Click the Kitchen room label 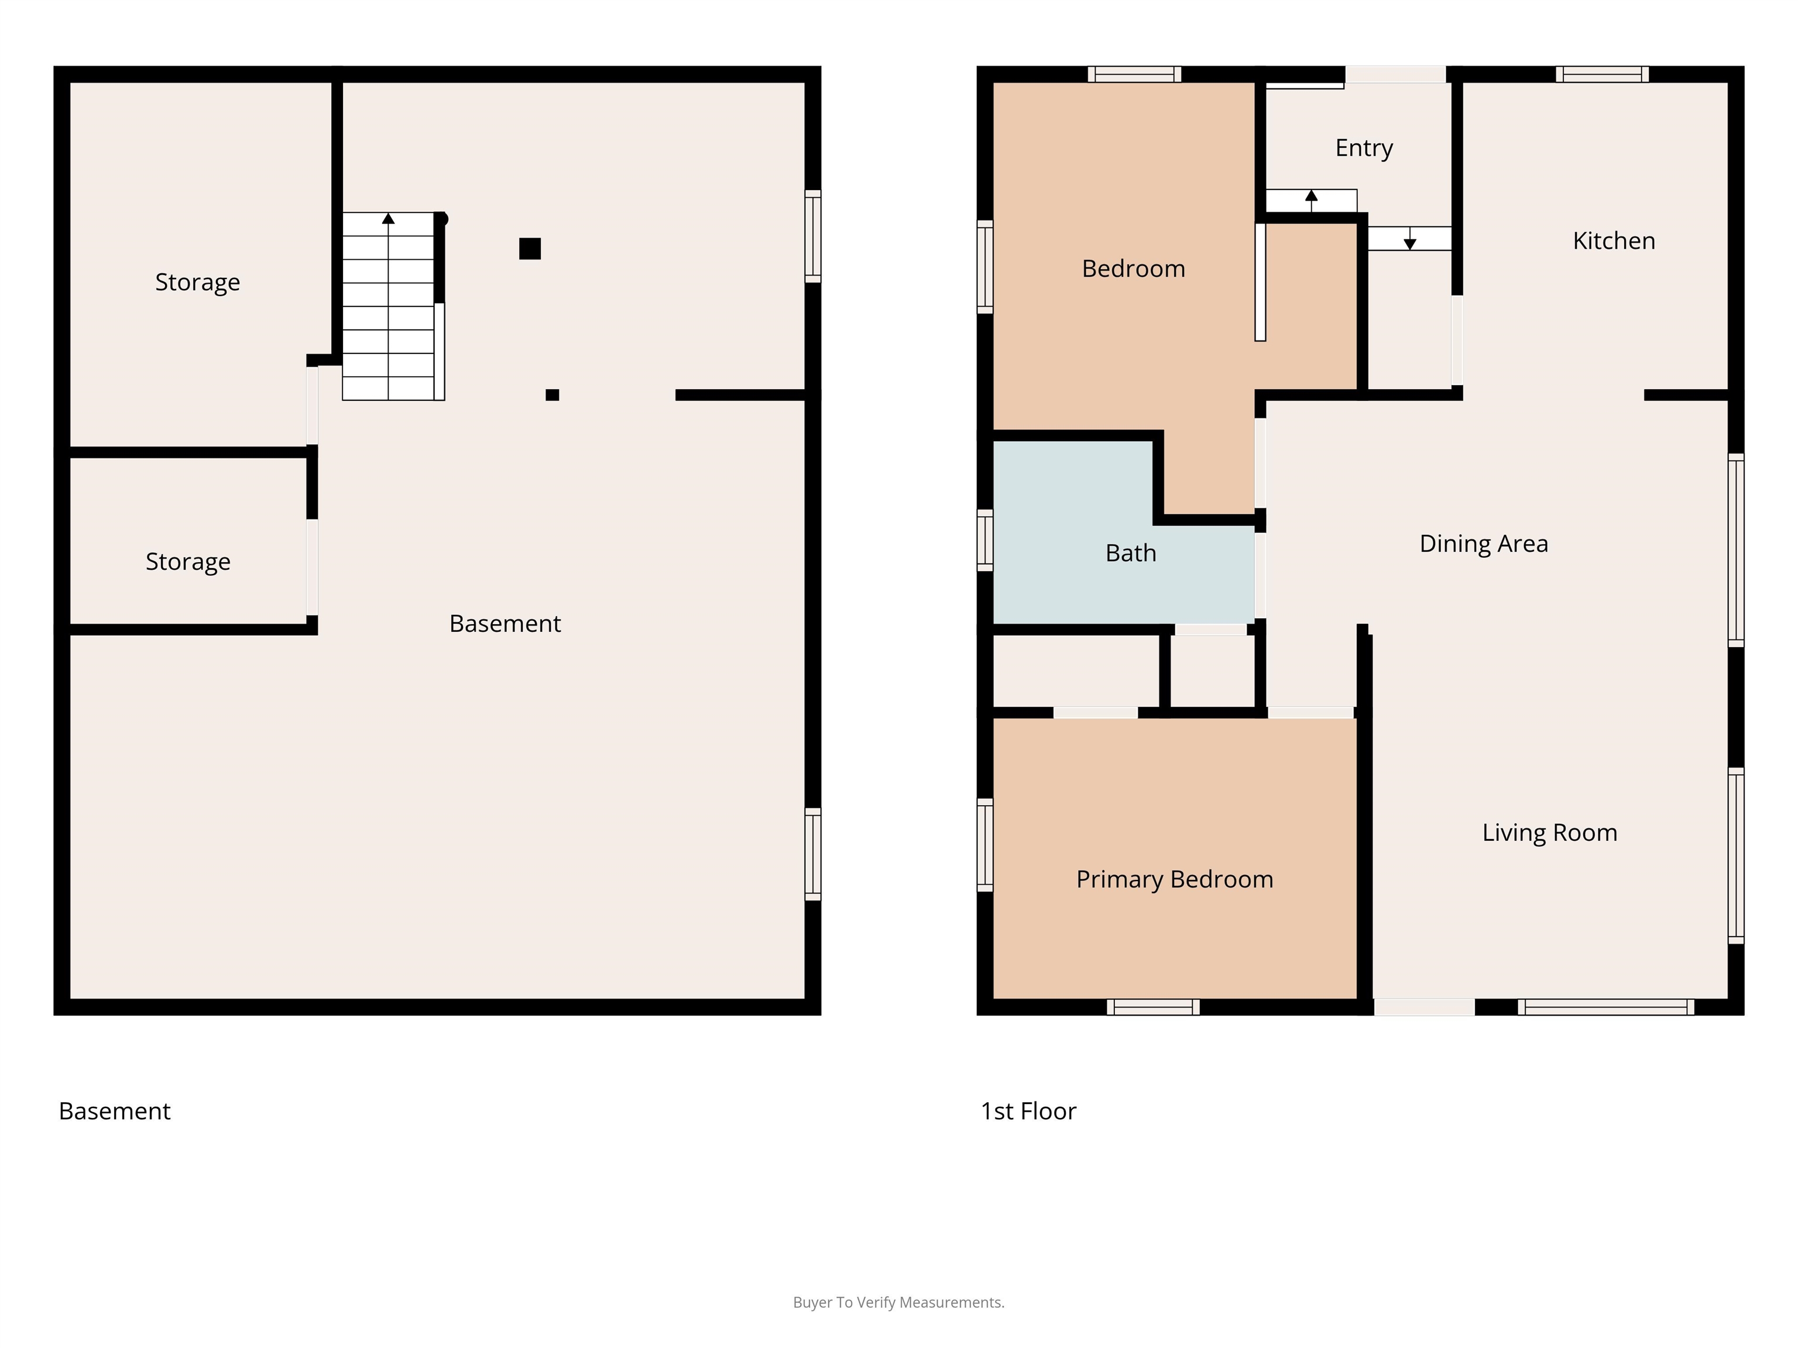[x=1614, y=240]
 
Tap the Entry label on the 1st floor [x=1364, y=148]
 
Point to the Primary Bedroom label [x=1175, y=879]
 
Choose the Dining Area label [x=1484, y=544]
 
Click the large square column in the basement [x=530, y=249]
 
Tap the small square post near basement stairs [x=552, y=395]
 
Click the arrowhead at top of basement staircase [x=389, y=219]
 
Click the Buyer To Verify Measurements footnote [x=899, y=1302]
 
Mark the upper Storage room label [x=197, y=282]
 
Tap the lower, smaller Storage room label [x=188, y=562]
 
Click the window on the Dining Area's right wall [x=1736, y=550]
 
